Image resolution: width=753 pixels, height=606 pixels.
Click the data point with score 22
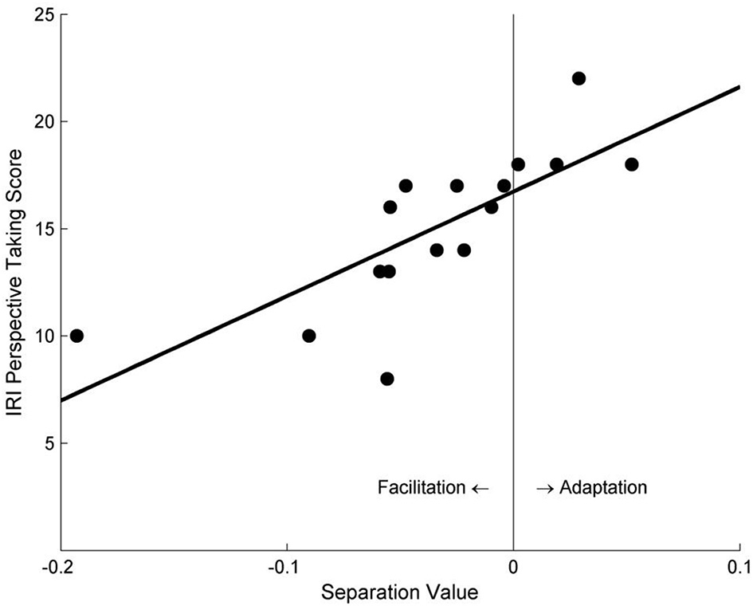(x=578, y=78)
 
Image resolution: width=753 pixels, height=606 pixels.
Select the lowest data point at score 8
(x=387, y=379)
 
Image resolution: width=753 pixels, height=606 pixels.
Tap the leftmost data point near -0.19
(x=76, y=336)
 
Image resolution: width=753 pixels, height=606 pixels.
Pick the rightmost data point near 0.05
(x=632, y=164)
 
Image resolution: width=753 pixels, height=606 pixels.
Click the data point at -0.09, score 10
(x=309, y=336)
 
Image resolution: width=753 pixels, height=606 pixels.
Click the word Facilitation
(x=421, y=487)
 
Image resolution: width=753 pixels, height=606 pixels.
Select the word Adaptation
(x=603, y=487)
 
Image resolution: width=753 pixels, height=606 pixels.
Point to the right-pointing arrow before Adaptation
(x=545, y=487)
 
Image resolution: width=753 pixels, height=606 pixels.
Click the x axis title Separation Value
(x=399, y=592)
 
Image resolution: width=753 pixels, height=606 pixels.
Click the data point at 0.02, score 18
(x=556, y=164)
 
